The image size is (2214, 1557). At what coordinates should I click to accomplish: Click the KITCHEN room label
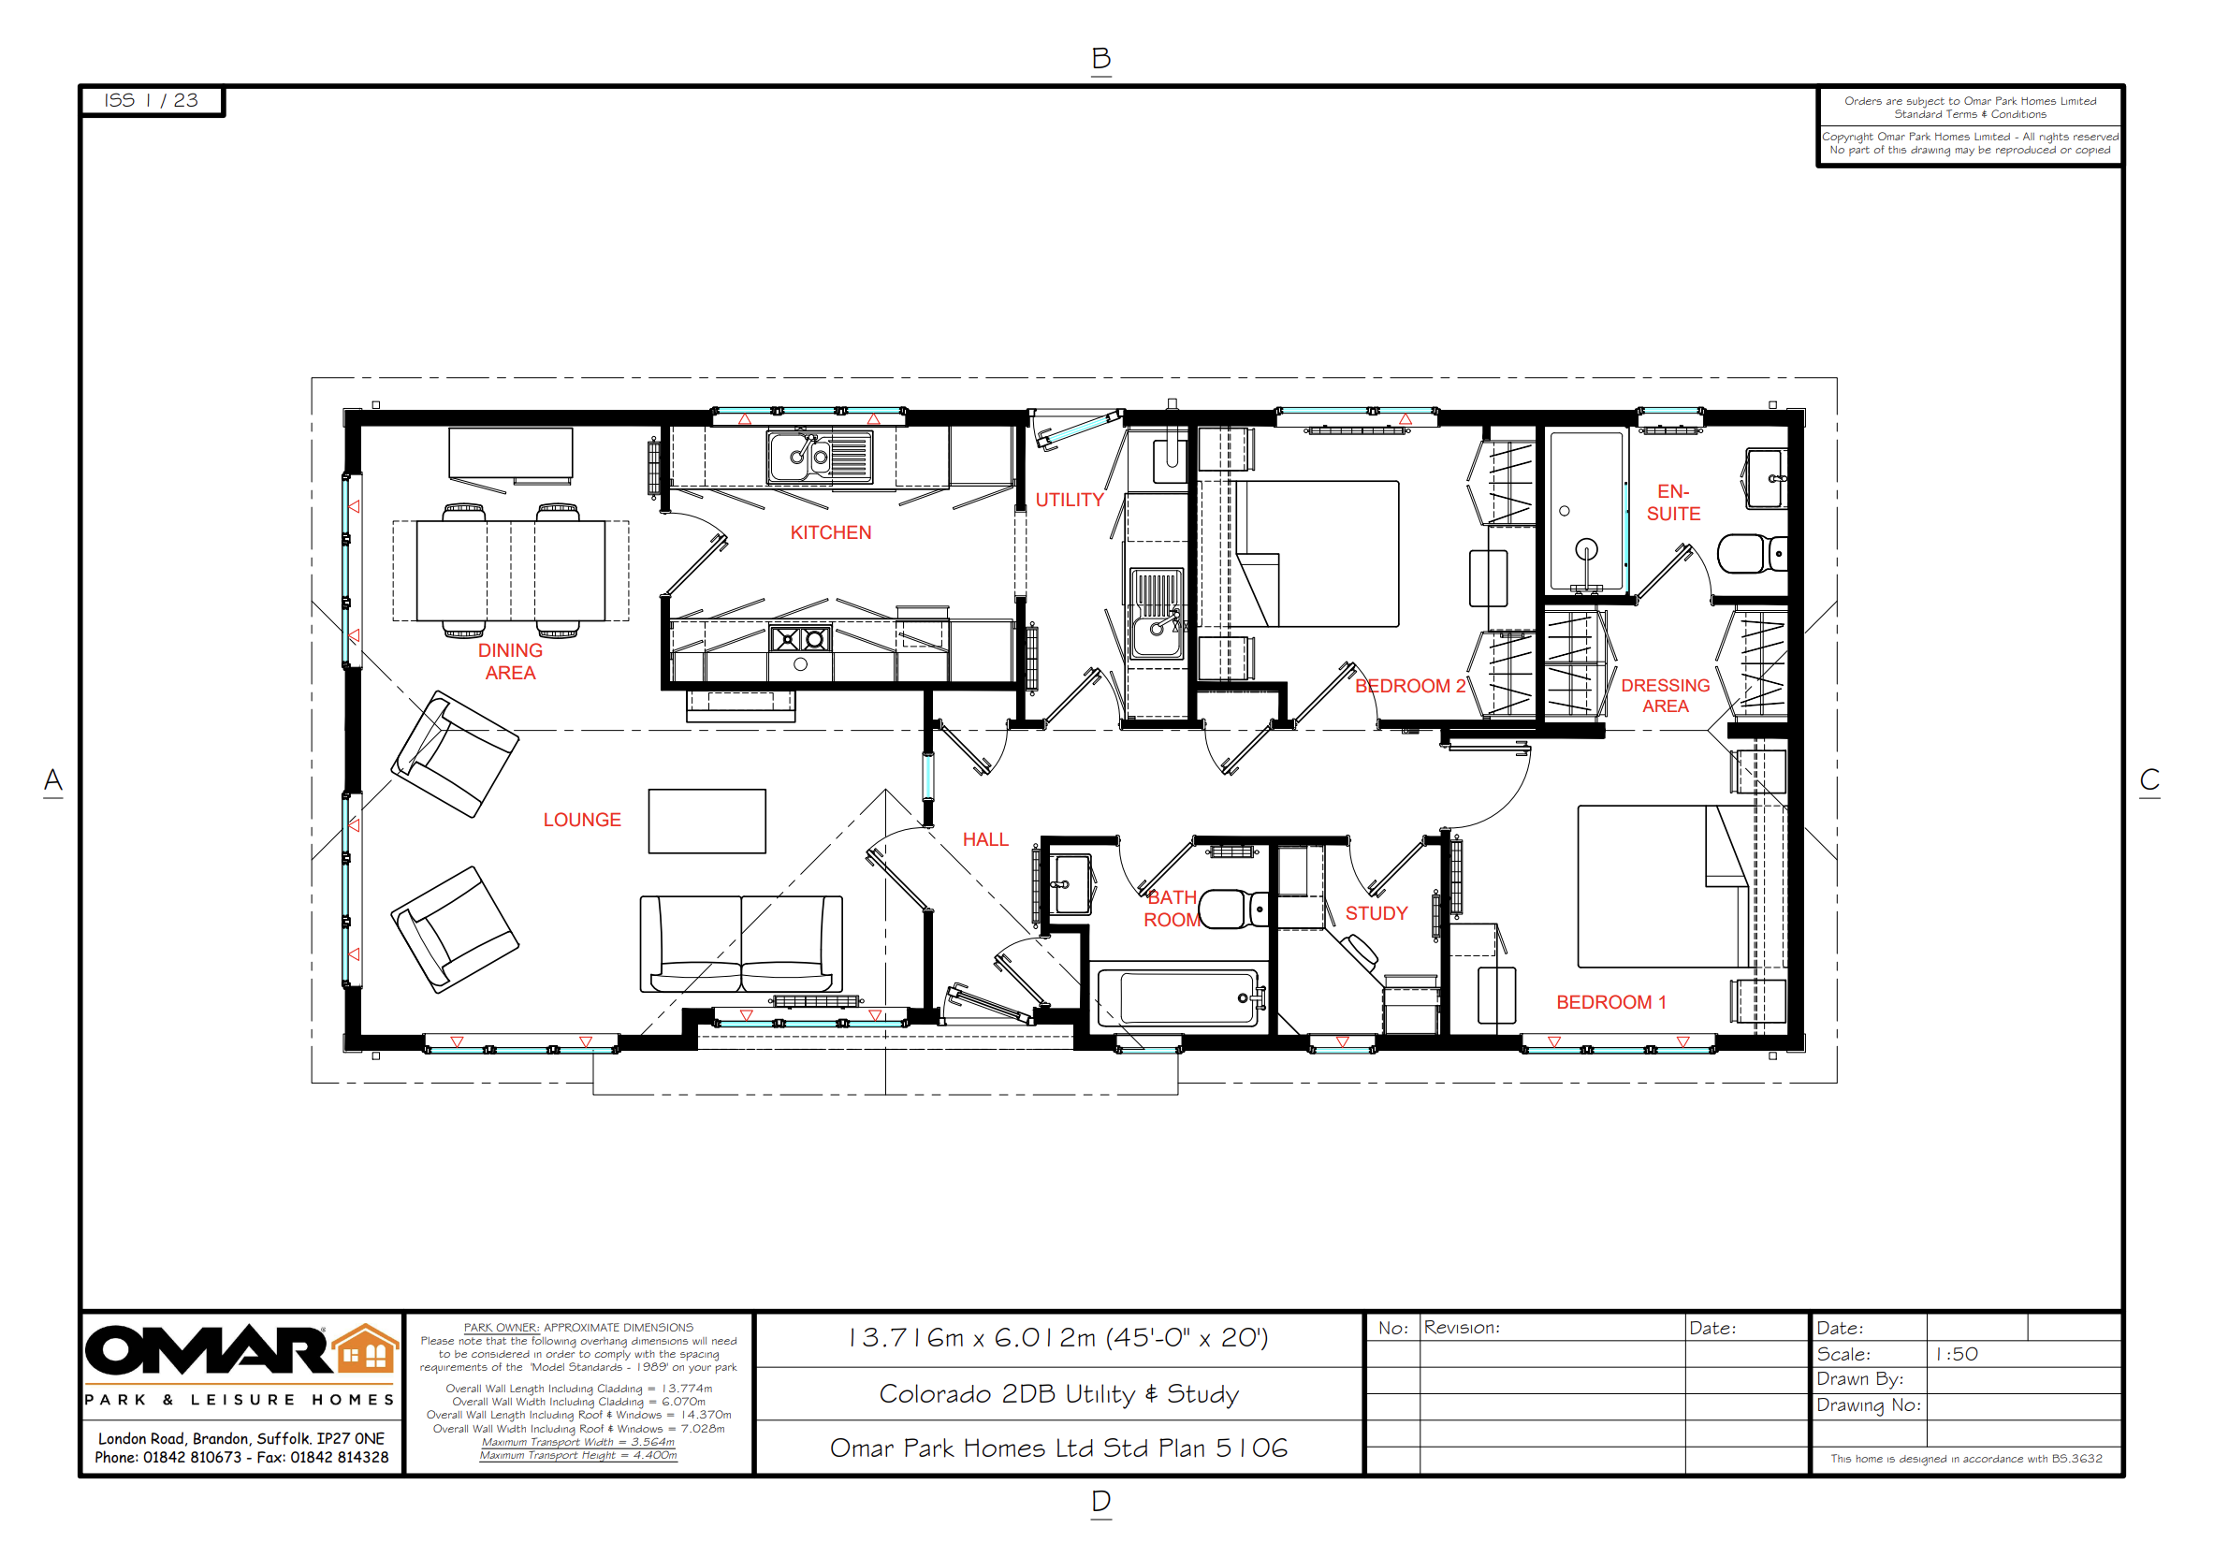[830, 532]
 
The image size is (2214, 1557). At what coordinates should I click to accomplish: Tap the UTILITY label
[1069, 500]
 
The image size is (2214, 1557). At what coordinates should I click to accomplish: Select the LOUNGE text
[581, 820]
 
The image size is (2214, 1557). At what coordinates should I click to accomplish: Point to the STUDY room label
[1376, 913]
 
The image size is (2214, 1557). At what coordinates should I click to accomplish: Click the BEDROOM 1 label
[1610, 1002]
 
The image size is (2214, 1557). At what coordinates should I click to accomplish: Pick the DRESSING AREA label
[1666, 695]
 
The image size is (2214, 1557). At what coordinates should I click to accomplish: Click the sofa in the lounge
[740, 944]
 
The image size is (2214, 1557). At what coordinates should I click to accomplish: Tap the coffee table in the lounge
[706, 822]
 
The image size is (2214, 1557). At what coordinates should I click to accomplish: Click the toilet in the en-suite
[1752, 553]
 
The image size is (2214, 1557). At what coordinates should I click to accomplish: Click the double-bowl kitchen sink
[820, 456]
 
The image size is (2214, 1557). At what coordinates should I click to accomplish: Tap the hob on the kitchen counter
[799, 638]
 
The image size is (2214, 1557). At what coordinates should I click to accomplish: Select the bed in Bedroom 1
[1681, 886]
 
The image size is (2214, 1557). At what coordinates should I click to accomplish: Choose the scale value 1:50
[1957, 1354]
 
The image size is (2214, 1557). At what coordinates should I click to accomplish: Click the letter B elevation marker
[1100, 59]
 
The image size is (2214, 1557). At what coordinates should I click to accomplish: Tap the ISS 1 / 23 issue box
[152, 100]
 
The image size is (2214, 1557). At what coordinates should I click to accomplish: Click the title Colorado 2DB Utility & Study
[1057, 1394]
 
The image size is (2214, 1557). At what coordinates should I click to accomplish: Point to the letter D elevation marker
[1100, 1501]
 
